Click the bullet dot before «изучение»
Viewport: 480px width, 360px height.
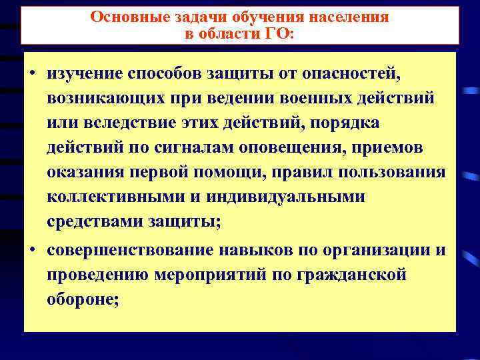32,72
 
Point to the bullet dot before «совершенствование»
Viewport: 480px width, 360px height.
32,251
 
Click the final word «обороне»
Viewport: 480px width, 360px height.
82,300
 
